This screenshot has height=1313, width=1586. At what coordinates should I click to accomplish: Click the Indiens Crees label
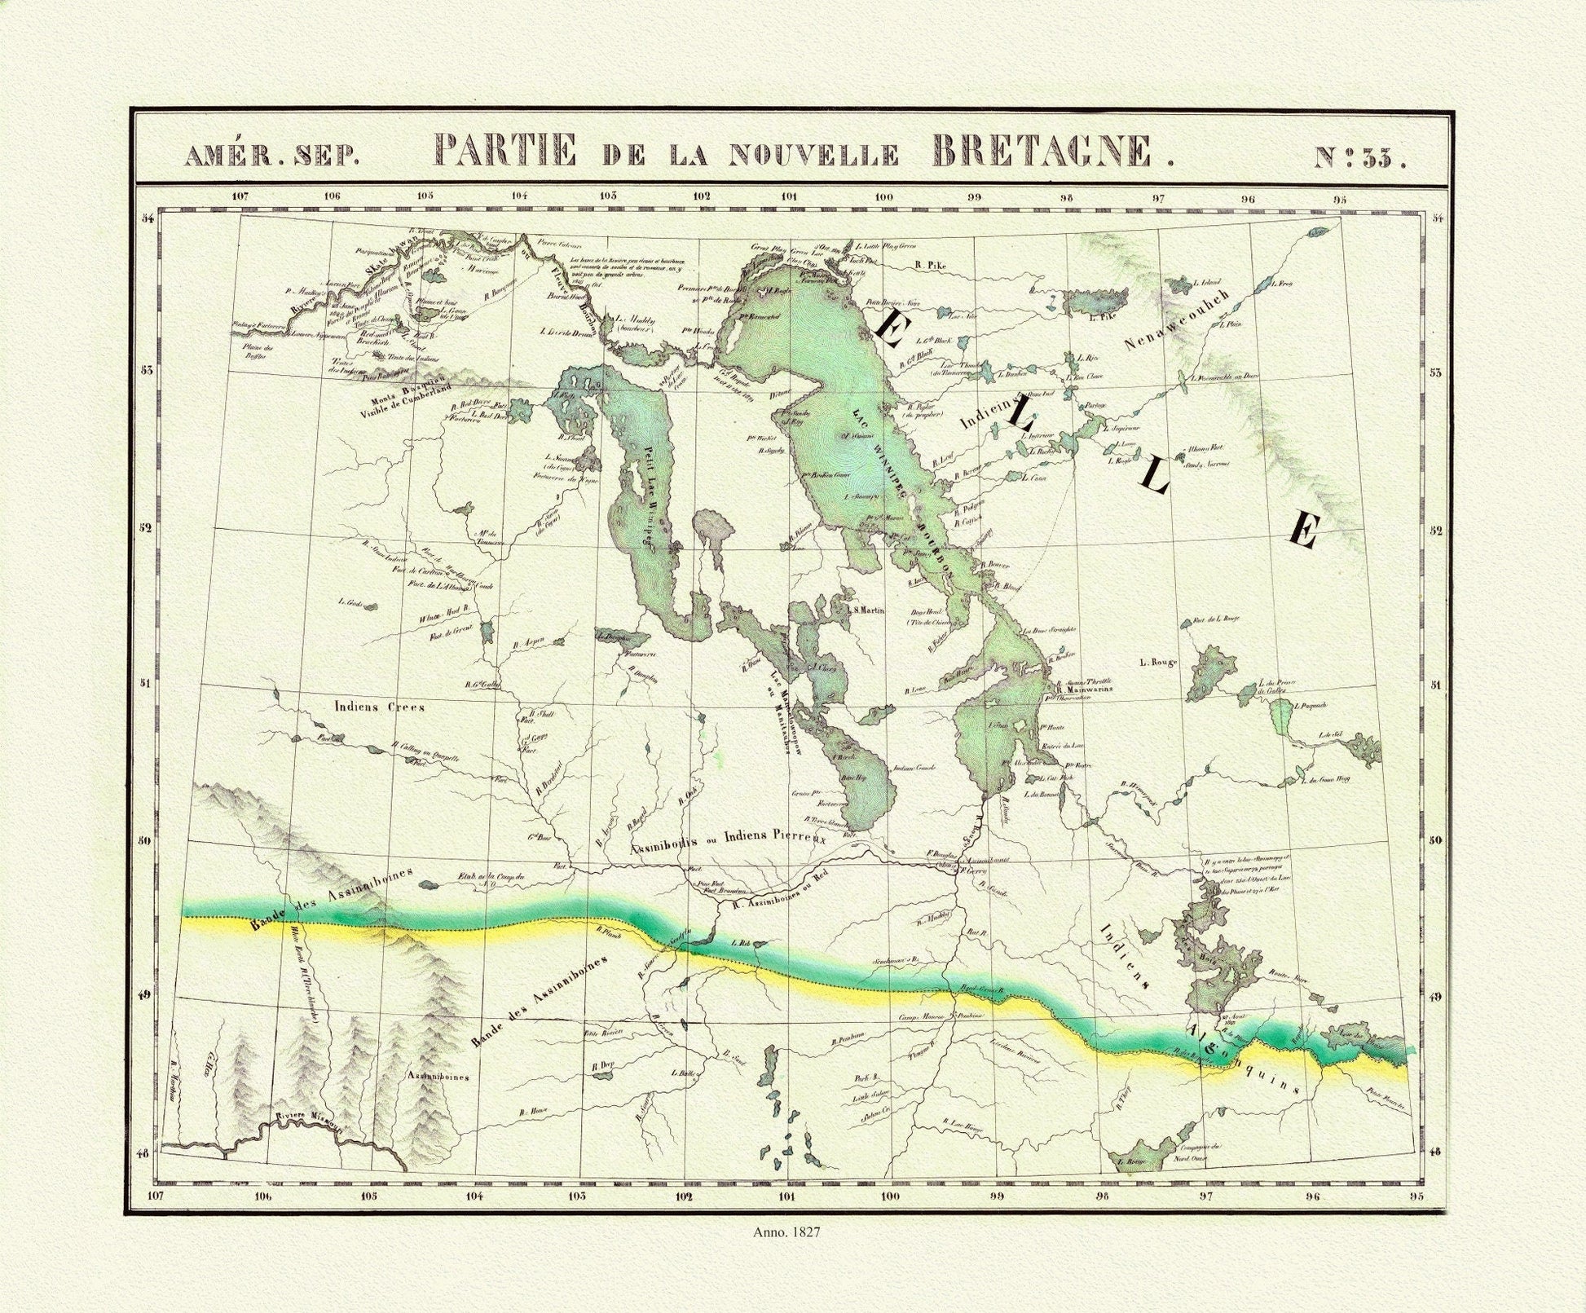(379, 707)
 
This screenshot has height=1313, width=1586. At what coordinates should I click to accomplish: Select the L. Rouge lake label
(1159, 663)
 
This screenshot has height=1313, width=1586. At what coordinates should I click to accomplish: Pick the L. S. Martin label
(865, 610)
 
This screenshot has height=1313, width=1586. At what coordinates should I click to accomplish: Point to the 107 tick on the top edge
(240, 196)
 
